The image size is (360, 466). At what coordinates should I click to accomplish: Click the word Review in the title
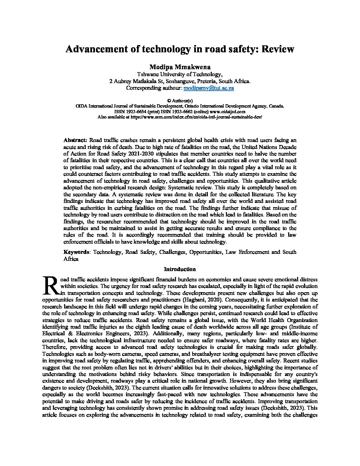tap(278, 49)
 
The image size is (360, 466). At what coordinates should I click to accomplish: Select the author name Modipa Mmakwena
tap(180, 67)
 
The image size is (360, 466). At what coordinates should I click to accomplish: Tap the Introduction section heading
tap(180, 269)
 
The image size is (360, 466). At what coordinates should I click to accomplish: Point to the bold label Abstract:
tap(75, 140)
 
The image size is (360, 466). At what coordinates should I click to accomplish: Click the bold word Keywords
tap(76, 252)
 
